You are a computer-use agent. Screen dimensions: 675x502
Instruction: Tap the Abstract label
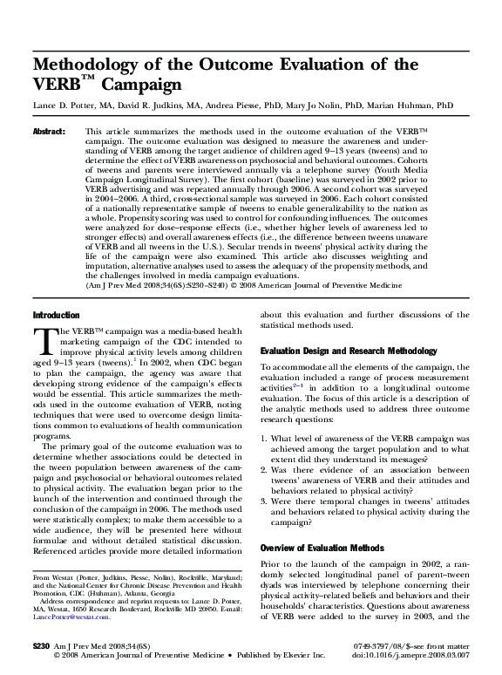tap(50, 130)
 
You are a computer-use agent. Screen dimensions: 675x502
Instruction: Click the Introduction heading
tap(56, 314)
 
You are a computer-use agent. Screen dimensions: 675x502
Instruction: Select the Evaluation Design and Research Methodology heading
tap(349, 350)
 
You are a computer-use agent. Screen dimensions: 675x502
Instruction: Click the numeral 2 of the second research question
tap(264, 469)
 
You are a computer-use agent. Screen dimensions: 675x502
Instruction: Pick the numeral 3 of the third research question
tap(264, 501)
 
